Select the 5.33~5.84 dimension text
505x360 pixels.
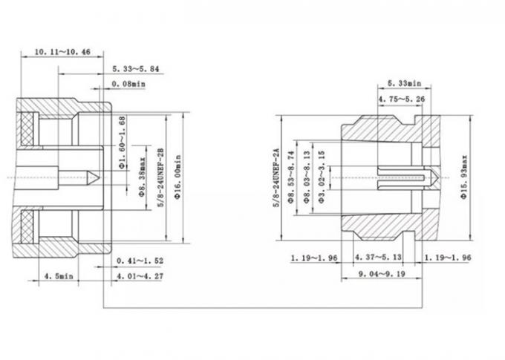coord(137,68)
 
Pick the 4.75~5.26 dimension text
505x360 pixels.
coord(402,98)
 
